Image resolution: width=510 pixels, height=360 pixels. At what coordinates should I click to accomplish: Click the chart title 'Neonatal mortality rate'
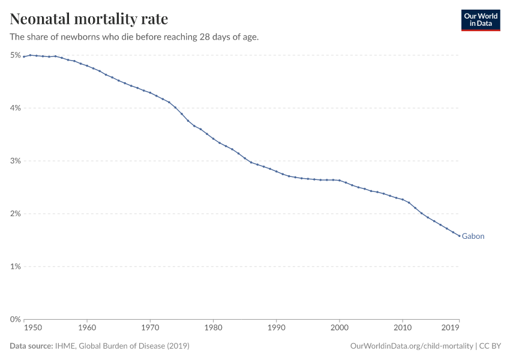(89, 19)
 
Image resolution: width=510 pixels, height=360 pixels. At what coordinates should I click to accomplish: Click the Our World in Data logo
(480, 20)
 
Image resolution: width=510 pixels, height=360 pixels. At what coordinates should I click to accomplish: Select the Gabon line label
(473, 236)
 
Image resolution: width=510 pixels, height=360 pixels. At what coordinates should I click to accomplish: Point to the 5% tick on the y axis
(16, 55)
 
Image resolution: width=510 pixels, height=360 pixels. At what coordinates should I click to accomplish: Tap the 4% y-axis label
(16, 108)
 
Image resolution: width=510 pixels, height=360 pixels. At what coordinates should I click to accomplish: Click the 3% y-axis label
(16, 161)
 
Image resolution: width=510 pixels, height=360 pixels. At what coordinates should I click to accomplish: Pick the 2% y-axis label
(16, 214)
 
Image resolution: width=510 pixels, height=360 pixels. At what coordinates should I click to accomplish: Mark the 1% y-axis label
(16, 266)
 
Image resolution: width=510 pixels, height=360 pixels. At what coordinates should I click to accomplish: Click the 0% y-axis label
(16, 319)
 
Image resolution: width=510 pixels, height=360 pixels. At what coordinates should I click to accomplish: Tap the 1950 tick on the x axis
(33, 328)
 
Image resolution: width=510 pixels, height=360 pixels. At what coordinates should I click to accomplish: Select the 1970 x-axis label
(150, 328)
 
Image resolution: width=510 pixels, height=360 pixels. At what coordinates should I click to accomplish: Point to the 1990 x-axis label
(276, 328)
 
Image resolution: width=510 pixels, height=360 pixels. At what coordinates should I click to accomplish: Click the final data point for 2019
(460, 236)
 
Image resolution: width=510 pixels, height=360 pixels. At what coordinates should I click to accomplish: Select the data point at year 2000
(340, 180)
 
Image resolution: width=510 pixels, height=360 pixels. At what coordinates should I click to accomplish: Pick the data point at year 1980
(213, 139)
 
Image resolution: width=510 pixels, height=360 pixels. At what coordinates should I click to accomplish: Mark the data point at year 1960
(87, 65)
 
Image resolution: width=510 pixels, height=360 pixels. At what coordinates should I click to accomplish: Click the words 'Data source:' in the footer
(31, 346)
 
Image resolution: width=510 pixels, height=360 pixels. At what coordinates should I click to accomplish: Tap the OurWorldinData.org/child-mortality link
(411, 346)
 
